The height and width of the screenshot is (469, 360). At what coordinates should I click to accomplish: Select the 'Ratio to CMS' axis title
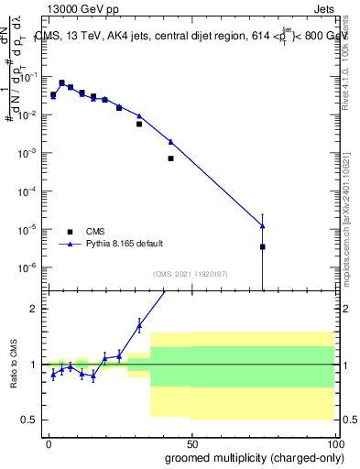14,364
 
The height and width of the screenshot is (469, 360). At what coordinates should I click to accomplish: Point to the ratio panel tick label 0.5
28,420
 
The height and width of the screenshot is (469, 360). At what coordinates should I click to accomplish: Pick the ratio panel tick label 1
32,365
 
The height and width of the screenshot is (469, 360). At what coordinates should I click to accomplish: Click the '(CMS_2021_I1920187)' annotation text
190,273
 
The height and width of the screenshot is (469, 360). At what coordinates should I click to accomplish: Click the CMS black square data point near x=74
262,246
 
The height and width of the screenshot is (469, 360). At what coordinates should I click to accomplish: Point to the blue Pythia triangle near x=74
262,226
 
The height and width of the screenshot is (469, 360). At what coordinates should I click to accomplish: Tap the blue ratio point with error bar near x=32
139,325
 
